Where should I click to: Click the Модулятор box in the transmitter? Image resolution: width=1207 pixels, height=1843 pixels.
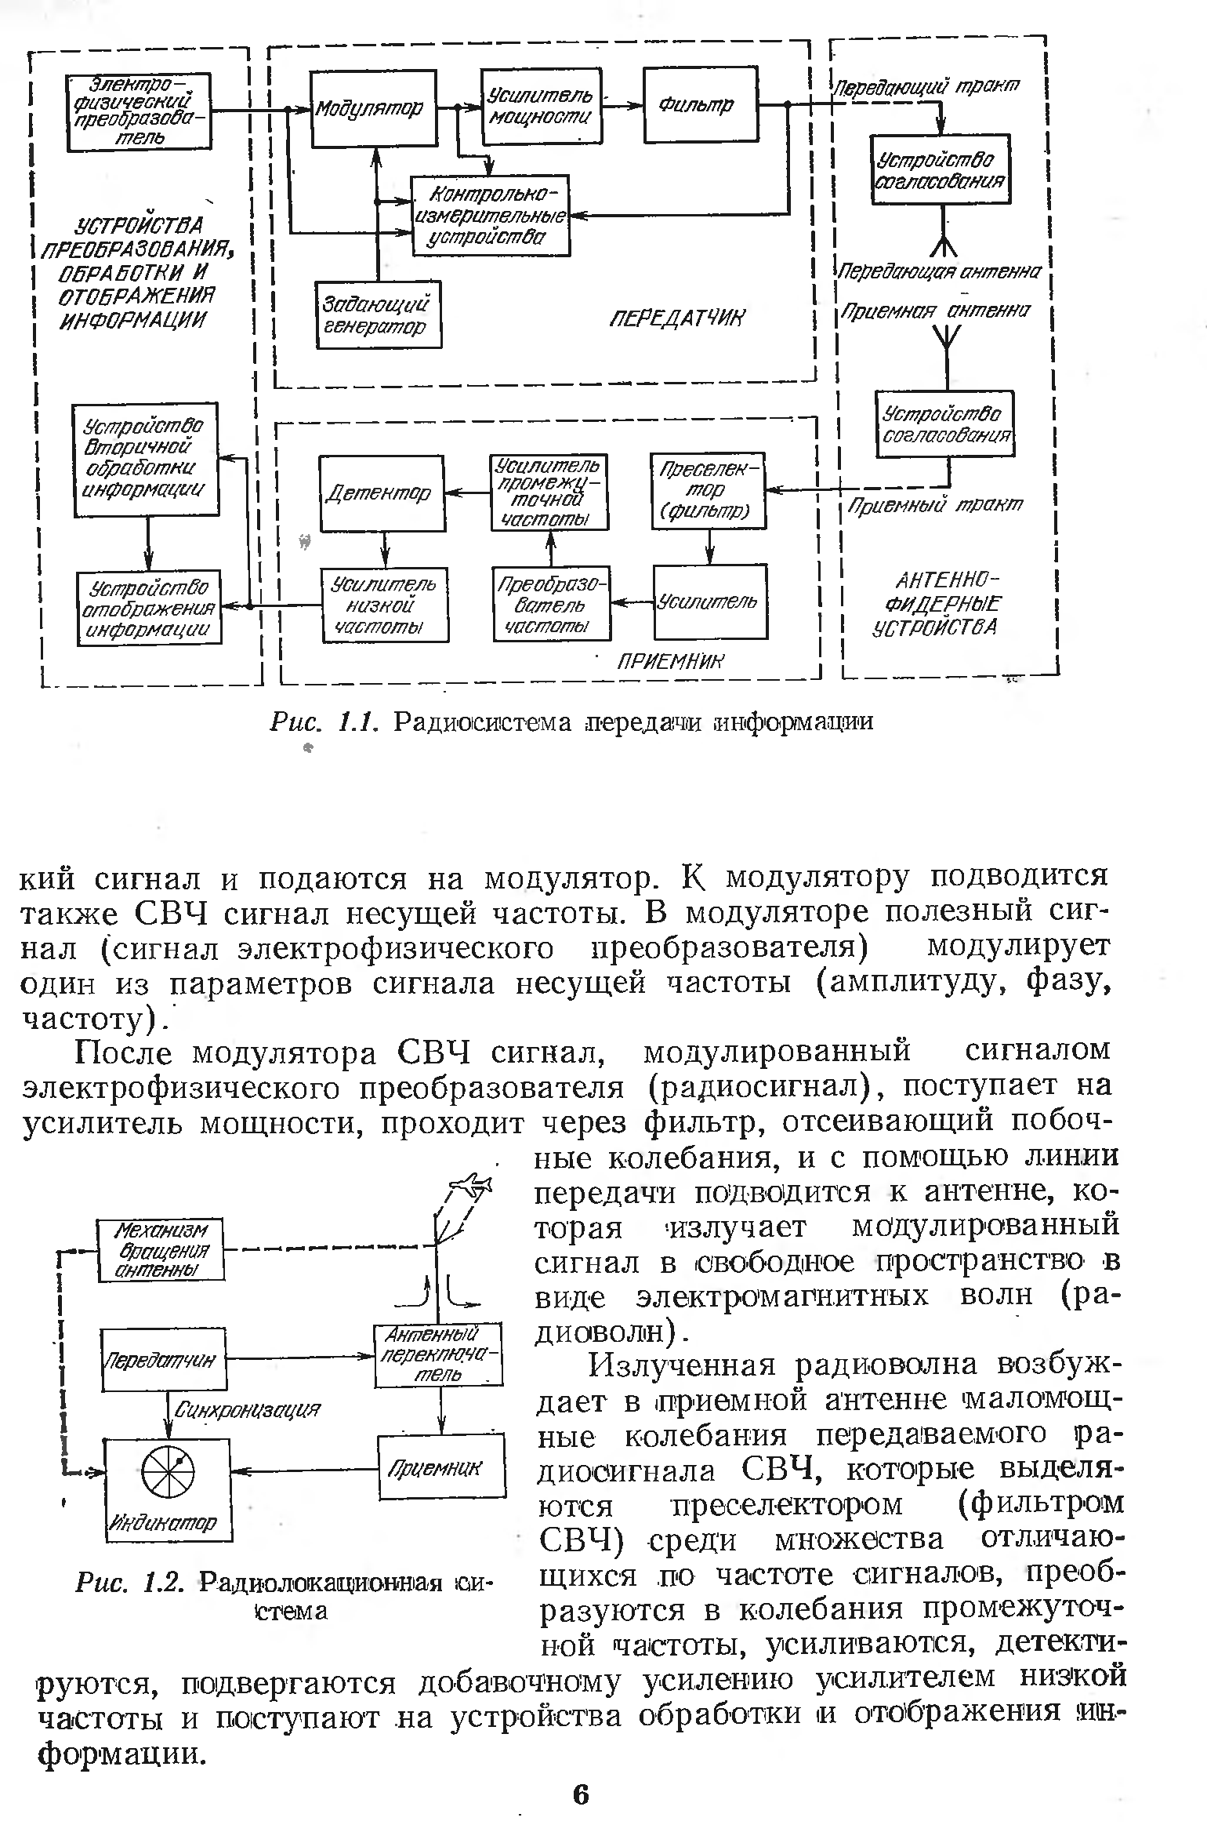tap(373, 108)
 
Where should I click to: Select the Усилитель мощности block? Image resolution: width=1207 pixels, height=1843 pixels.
tap(542, 107)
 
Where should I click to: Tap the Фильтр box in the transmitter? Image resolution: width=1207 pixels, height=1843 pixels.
tap(701, 104)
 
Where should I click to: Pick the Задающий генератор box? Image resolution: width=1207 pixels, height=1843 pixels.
tap(379, 314)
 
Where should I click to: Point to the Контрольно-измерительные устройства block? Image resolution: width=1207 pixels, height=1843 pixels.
tap(491, 214)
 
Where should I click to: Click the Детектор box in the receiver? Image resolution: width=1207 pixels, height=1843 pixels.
tap(382, 493)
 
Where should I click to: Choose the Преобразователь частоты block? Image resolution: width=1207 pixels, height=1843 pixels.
tap(552, 605)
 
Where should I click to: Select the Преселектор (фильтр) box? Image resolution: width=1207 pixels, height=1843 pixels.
tap(709, 491)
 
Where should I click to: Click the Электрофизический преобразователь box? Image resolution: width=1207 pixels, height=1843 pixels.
tap(140, 112)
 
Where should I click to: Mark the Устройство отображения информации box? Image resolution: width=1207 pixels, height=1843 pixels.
tap(149, 608)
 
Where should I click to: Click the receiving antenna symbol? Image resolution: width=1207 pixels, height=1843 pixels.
tap(947, 336)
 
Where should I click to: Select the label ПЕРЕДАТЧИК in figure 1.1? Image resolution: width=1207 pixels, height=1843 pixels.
tap(678, 318)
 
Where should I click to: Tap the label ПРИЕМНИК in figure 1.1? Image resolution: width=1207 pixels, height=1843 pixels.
tap(671, 662)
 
